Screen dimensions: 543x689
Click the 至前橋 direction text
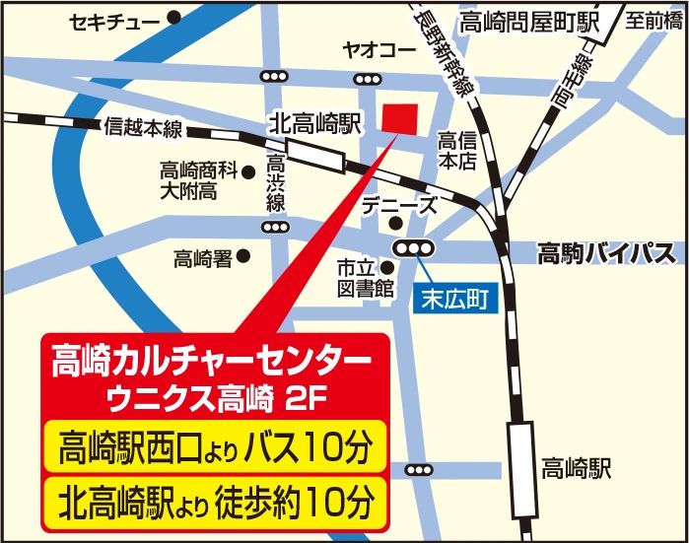pos(655,19)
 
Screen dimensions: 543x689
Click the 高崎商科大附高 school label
pos(201,179)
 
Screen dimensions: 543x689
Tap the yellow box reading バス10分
pos(212,449)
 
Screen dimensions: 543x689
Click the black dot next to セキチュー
pos(174,18)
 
